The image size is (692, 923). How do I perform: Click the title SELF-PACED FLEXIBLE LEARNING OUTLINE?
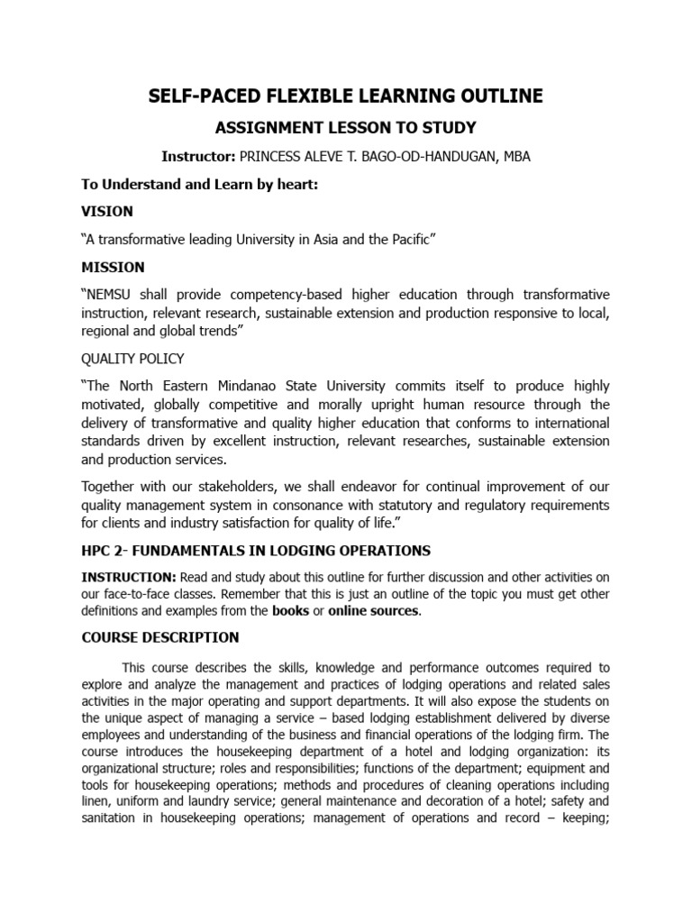pos(346,96)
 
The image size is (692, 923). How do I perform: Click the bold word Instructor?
pos(197,157)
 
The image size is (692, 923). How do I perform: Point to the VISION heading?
pos(107,211)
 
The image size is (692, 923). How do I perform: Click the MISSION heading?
pos(113,268)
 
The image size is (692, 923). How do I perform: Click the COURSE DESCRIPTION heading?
pos(160,638)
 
